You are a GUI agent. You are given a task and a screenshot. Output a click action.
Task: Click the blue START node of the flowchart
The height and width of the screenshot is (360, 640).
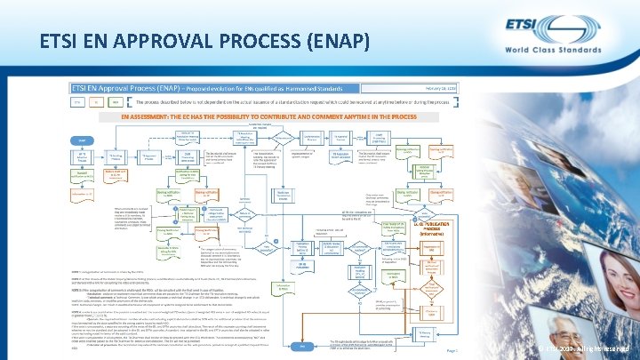[82, 140]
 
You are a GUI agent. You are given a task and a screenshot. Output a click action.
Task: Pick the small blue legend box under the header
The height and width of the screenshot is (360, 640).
[78, 103]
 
